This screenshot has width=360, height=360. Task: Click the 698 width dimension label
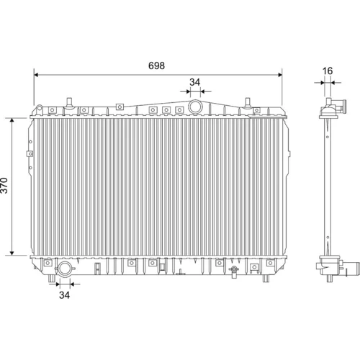tap(156, 66)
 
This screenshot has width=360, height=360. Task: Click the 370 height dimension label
tap(4, 185)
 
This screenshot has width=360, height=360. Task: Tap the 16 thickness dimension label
tap(328, 71)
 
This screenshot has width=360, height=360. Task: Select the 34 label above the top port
tap(194, 82)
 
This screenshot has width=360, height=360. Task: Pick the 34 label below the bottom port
tap(64, 295)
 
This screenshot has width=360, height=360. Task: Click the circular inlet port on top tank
tap(195, 107)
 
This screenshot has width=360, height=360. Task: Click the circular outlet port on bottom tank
tap(65, 269)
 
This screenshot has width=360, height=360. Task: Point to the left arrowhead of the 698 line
tap(37, 75)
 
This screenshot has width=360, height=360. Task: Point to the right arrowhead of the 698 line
tap(280, 75)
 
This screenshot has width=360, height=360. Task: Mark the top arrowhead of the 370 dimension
tap(12, 120)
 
